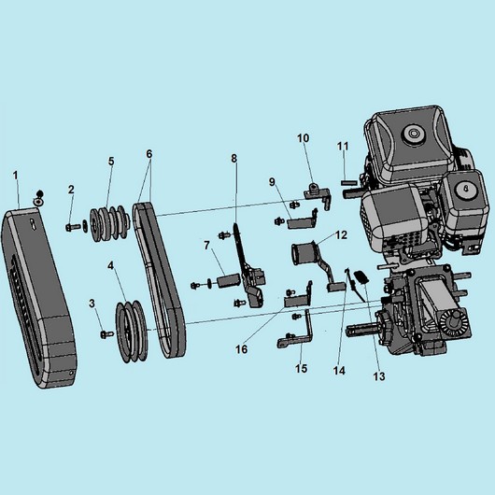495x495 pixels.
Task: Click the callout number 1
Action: pos(16,176)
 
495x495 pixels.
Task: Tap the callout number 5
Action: pos(111,161)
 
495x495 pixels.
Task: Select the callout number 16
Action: pos(242,349)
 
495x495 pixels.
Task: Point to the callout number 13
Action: pos(379,376)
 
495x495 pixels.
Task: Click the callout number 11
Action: pos(343,146)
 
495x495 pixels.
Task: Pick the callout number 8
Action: pos(233,158)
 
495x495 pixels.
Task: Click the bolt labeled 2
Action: pos(73,227)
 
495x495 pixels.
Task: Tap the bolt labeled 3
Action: pos(106,333)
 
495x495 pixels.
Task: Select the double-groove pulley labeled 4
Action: pos(132,331)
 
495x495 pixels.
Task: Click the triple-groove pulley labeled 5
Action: pos(110,223)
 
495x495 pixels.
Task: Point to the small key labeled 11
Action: pos(349,182)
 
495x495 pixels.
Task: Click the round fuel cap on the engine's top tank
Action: pos(413,134)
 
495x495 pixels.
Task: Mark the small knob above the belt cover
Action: pos(39,193)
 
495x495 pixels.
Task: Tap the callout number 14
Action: pos(339,370)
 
